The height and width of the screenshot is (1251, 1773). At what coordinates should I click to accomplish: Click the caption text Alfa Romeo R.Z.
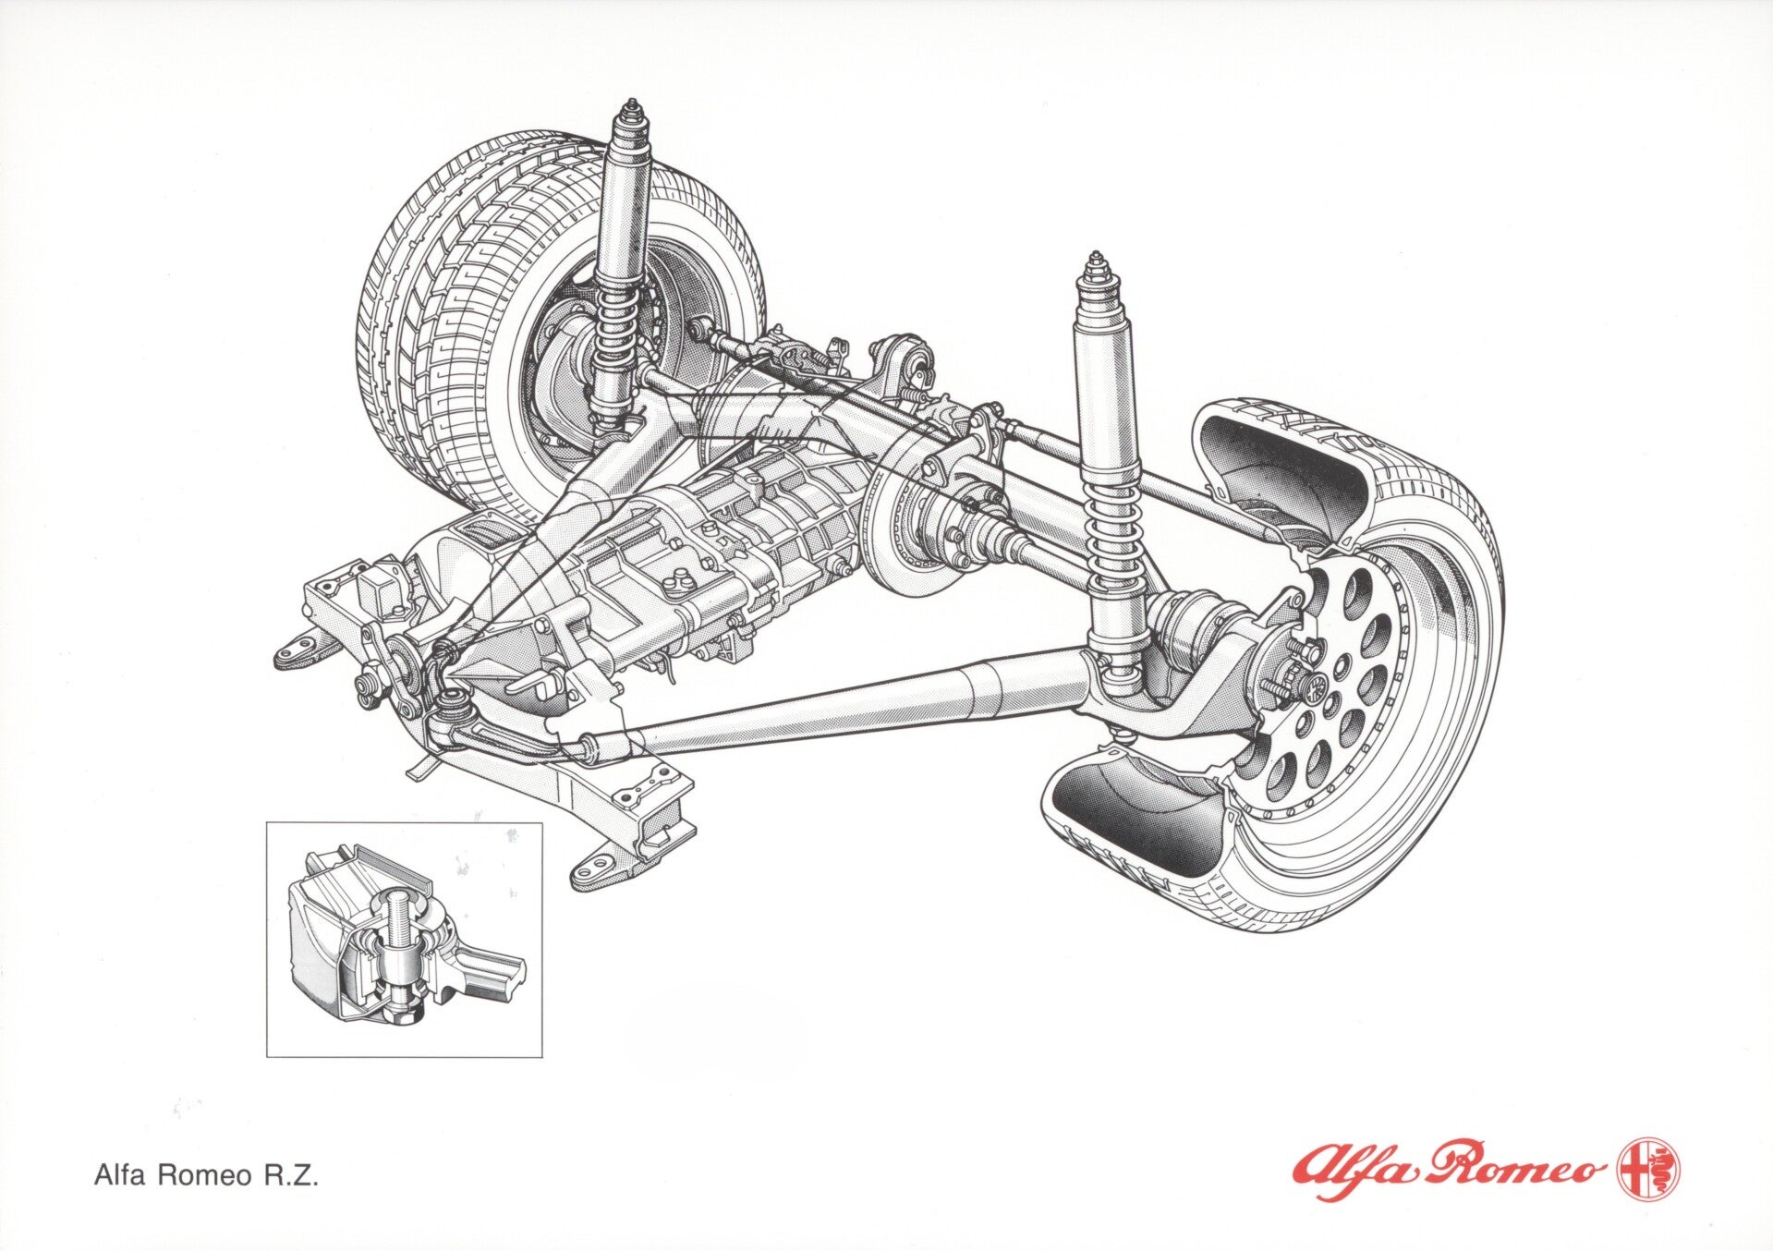coord(206,1175)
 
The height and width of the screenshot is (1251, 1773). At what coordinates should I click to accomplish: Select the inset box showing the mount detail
coord(404,939)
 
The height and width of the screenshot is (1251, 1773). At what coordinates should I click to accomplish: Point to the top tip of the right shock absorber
coord(1096,253)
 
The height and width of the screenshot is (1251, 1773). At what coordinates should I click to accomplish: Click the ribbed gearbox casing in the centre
coord(739,545)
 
